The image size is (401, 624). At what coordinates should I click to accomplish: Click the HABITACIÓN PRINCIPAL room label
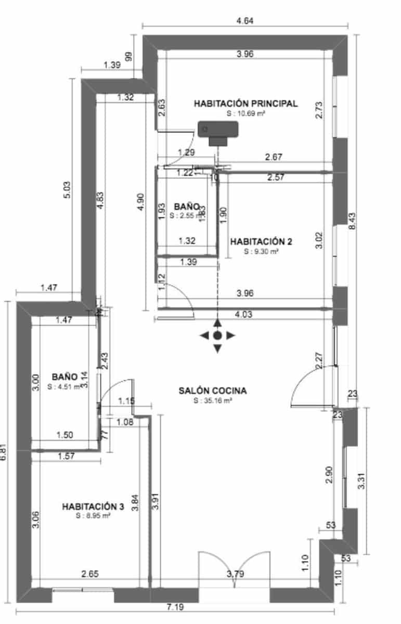tap(245, 103)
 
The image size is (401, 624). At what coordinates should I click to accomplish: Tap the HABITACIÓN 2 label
tap(261, 241)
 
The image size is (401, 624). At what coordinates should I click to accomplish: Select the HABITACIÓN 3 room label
tap(93, 506)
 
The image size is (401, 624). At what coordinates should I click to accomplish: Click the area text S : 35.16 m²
tap(212, 401)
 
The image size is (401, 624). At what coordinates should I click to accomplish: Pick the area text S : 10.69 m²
tap(245, 113)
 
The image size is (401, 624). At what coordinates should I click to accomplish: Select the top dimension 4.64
tap(245, 21)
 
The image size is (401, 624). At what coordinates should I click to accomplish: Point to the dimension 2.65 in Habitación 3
tap(90, 575)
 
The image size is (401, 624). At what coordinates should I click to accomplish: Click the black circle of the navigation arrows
tap(217, 335)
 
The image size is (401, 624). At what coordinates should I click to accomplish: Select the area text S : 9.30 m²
tap(261, 251)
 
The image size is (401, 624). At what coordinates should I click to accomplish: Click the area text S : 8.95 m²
tap(93, 516)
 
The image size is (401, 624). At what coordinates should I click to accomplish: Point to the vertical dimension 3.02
tap(319, 240)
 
